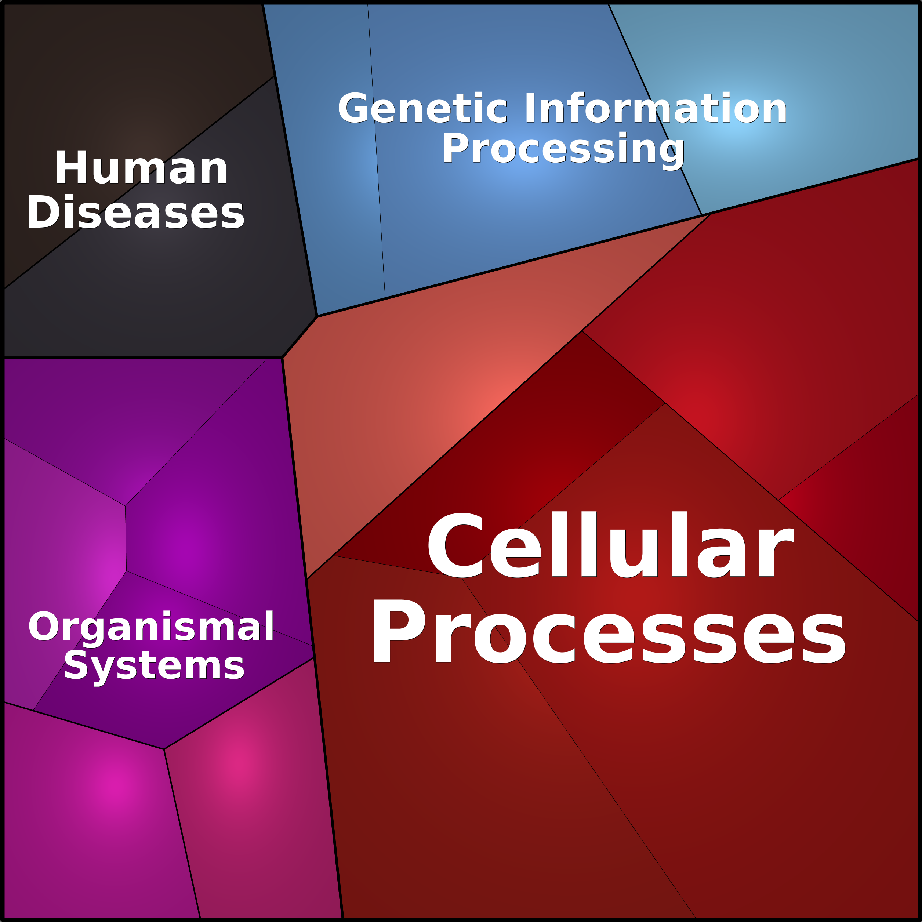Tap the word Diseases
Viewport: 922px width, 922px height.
pyautogui.click(x=135, y=212)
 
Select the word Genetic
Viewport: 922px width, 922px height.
pyautogui.click(x=423, y=108)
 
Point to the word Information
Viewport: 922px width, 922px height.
pyautogui.click(x=656, y=108)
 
